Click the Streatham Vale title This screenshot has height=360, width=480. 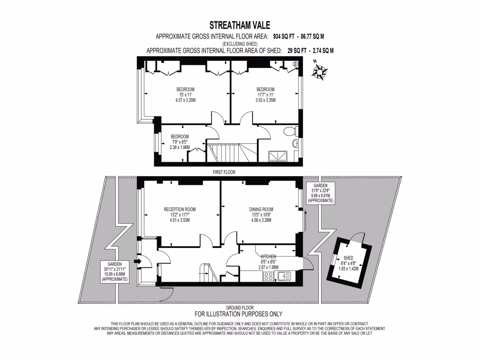[x=240, y=24]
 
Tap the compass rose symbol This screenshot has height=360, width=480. [x=320, y=71]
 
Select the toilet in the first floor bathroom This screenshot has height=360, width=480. [x=290, y=131]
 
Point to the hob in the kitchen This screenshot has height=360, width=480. [x=269, y=277]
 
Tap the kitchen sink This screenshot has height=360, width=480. [x=284, y=276]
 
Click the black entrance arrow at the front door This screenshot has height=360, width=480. [x=137, y=261]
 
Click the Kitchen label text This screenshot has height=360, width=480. [x=269, y=256]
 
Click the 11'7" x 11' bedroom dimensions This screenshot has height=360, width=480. [x=265, y=95]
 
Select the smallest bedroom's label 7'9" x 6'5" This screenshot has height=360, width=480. [x=180, y=142]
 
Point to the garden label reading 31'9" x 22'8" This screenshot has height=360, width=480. [x=321, y=193]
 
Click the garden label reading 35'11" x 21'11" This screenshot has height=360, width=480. [x=115, y=271]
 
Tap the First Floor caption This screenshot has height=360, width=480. [x=224, y=172]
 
